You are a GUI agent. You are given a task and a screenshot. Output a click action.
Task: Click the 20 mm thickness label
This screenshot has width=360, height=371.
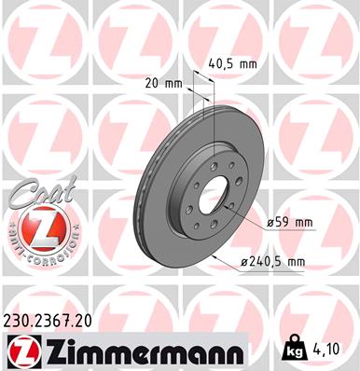pyautogui.click(x=165, y=83)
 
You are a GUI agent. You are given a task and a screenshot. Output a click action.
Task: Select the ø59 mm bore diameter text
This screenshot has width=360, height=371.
pyautogui.click(x=289, y=223)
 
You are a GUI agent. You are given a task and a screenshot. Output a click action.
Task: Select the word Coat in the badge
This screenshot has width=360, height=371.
pyautogui.click(x=35, y=194)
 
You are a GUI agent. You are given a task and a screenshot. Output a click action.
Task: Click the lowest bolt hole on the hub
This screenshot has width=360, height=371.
pyautogui.click(x=214, y=224)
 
